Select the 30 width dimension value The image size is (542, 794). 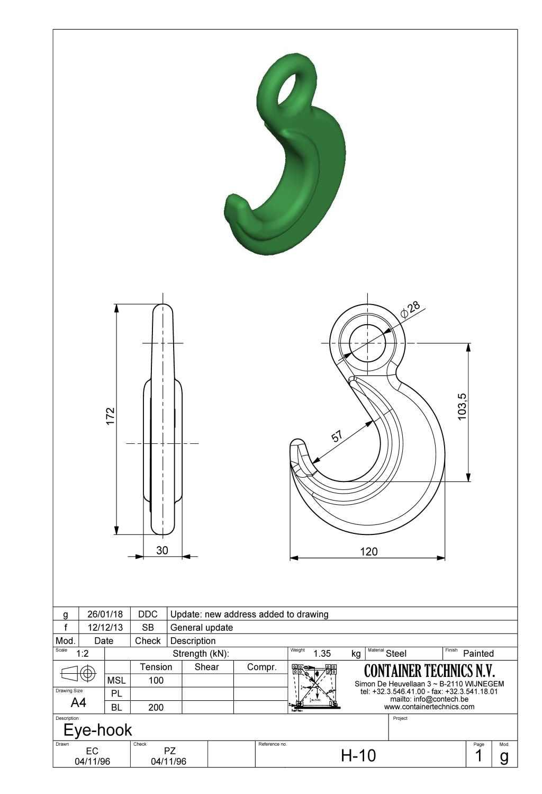pyautogui.click(x=162, y=550)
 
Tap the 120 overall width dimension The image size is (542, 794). pyautogui.click(x=368, y=551)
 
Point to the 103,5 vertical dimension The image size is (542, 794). pyautogui.click(x=462, y=406)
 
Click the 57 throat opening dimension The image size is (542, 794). pyautogui.click(x=338, y=436)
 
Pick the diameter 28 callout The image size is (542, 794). pyautogui.click(x=411, y=309)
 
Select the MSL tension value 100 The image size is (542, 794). pyautogui.click(x=156, y=680)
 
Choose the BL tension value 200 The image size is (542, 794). pyautogui.click(x=156, y=707)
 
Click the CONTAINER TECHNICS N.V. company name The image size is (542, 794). pyautogui.click(x=429, y=671)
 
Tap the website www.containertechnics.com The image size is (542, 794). pyautogui.click(x=429, y=707)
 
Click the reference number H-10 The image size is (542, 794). pyautogui.click(x=358, y=755)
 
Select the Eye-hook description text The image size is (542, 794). pyautogui.click(x=97, y=730)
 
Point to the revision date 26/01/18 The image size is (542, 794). pyautogui.click(x=105, y=614)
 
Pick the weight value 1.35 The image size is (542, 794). pyautogui.click(x=322, y=654)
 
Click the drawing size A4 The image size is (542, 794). pyautogui.click(x=78, y=702)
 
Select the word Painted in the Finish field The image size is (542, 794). pyautogui.click(x=478, y=654)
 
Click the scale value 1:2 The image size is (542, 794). pyautogui.click(x=82, y=654)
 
